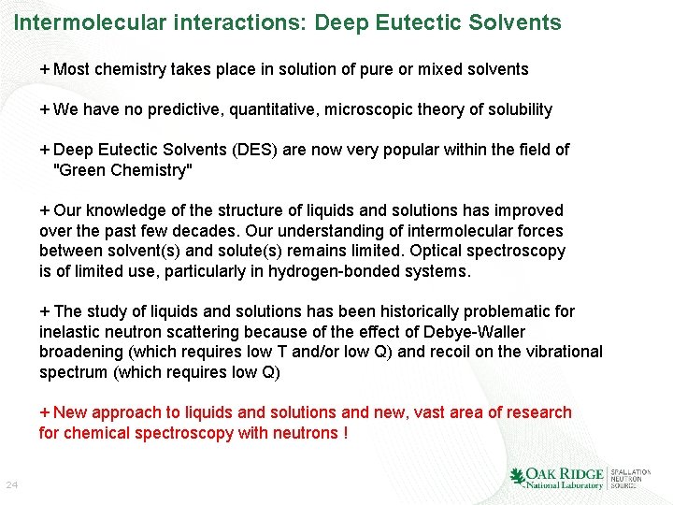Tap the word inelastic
(71, 332)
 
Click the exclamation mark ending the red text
(346, 433)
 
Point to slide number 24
(12, 485)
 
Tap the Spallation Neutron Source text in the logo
(632, 478)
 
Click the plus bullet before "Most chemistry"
(45, 69)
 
